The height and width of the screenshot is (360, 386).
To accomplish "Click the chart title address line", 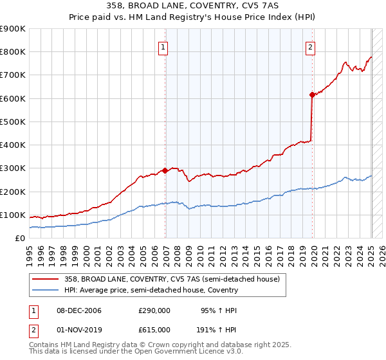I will [193, 6].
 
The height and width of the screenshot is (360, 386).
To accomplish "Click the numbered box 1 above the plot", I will [164, 47].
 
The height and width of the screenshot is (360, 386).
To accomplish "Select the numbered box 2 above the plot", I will [310, 47].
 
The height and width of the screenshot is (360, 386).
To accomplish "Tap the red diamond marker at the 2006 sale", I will [165, 170].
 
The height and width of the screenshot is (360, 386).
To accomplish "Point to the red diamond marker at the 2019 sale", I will [312, 95].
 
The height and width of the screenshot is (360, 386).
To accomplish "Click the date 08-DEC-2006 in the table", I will [79, 310].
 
